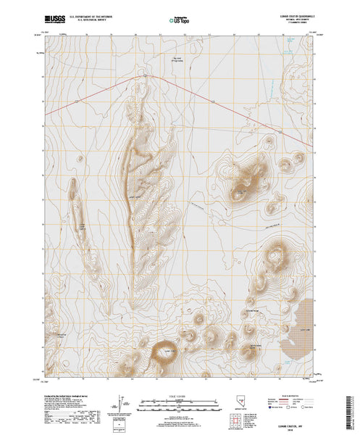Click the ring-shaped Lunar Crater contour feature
point(163,354)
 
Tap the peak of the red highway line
point(145,75)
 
